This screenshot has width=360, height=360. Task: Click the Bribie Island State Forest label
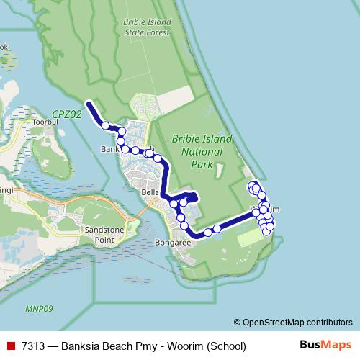pos(146,27)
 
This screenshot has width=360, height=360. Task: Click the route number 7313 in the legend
pos(34,346)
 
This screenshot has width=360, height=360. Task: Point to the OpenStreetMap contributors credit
pos(293,322)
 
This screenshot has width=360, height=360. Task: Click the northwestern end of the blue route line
pos(89,104)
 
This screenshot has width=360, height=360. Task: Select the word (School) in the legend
pos(225,346)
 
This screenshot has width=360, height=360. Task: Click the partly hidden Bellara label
pos(150,193)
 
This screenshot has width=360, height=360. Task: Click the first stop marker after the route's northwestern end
pos(106,125)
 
